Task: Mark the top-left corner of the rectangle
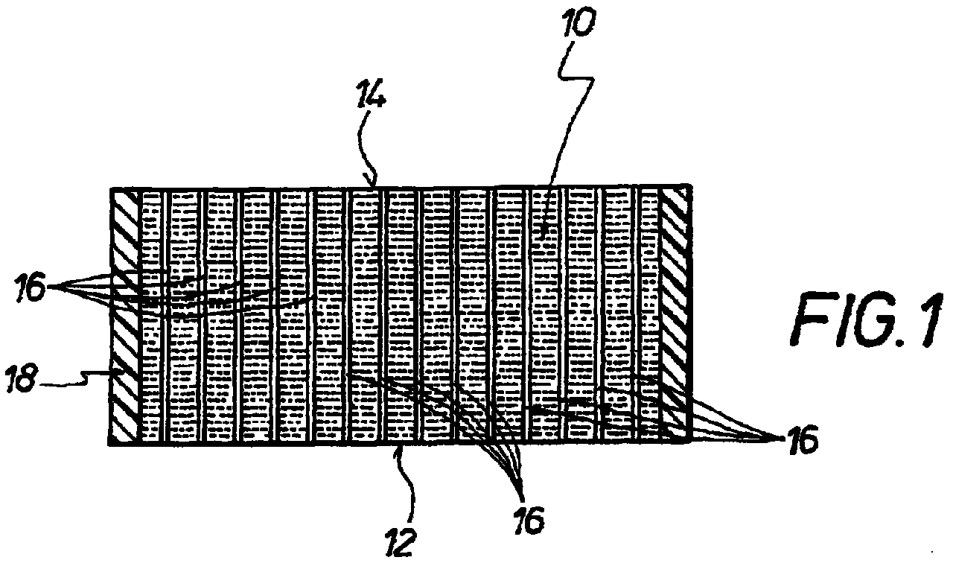coord(111,188)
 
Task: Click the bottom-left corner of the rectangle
coord(111,445)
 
